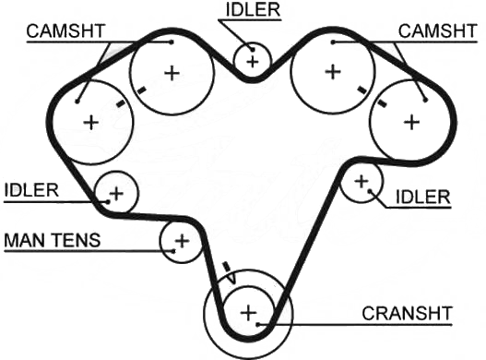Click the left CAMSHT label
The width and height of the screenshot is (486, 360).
(x=65, y=31)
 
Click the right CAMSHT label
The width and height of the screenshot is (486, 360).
(x=437, y=31)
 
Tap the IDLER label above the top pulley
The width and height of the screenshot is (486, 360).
(x=253, y=9)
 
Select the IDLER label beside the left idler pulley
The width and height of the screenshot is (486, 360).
(x=31, y=190)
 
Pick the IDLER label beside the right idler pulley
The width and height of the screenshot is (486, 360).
(x=423, y=197)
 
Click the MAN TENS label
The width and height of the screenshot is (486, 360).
(x=53, y=240)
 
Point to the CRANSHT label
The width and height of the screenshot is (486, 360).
(x=407, y=314)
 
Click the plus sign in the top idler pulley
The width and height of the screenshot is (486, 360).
(x=253, y=62)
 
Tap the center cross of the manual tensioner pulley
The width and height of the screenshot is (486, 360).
(x=182, y=241)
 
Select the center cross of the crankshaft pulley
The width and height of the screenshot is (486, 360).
(x=248, y=313)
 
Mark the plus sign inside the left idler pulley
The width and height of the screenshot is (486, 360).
(x=116, y=194)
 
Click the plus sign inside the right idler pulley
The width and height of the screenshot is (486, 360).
(x=362, y=181)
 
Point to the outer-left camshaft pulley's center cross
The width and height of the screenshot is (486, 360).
(x=91, y=122)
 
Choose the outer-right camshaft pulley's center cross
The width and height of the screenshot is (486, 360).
(x=412, y=122)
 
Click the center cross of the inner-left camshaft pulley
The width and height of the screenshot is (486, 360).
(x=172, y=74)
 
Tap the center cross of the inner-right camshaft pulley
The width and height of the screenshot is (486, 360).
(x=333, y=72)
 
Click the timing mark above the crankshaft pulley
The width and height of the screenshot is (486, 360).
(x=227, y=268)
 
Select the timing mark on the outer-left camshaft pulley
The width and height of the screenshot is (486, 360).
(x=121, y=103)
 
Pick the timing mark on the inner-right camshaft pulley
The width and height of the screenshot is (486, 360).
(x=362, y=90)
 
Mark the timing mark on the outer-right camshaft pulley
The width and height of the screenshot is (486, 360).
(x=382, y=103)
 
